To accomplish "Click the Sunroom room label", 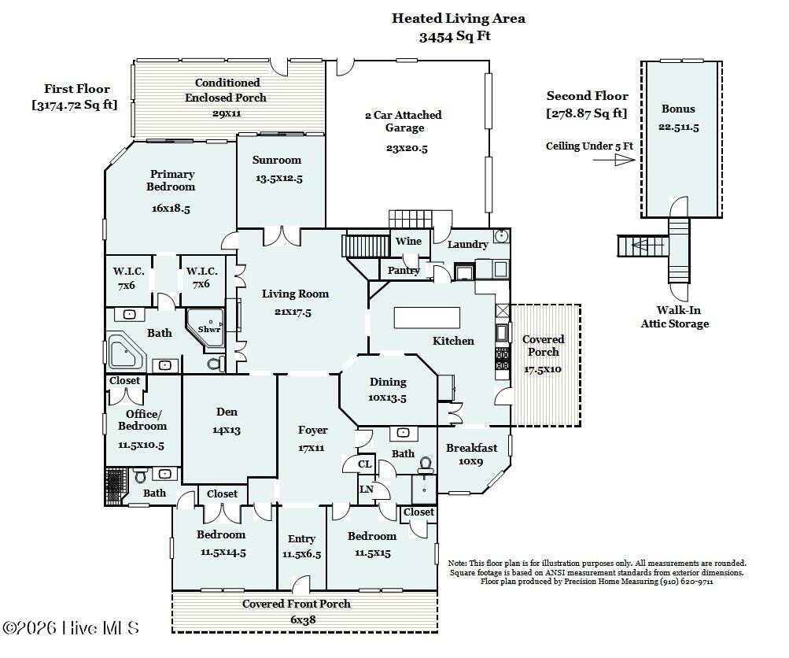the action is pyautogui.click(x=277, y=160).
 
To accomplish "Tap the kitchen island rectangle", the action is pyautogui.click(x=426, y=318).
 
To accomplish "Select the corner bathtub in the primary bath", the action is pyautogui.click(x=126, y=351).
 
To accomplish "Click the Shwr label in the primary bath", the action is pyautogui.click(x=208, y=329).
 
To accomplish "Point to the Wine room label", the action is pyautogui.click(x=408, y=241).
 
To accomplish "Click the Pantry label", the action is pyautogui.click(x=404, y=270).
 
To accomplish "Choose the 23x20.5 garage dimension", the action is pyautogui.click(x=407, y=148).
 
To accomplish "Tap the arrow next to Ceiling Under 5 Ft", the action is pyautogui.click(x=614, y=160).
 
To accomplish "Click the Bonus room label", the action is pyautogui.click(x=678, y=109).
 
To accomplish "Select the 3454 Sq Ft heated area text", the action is pyautogui.click(x=455, y=36).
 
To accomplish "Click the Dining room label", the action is pyautogui.click(x=388, y=382).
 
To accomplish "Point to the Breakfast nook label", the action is pyautogui.click(x=471, y=448).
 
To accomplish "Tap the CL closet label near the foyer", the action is pyautogui.click(x=365, y=464).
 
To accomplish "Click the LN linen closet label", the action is pyautogui.click(x=367, y=490).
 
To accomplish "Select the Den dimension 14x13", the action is pyautogui.click(x=227, y=431).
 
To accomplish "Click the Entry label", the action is pyautogui.click(x=301, y=539).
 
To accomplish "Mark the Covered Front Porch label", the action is pyautogui.click(x=297, y=604).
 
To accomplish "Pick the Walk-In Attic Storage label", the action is pyautogui.click(x=675, y=317).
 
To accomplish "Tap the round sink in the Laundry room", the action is pyautogui.click(x=501, y=235).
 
